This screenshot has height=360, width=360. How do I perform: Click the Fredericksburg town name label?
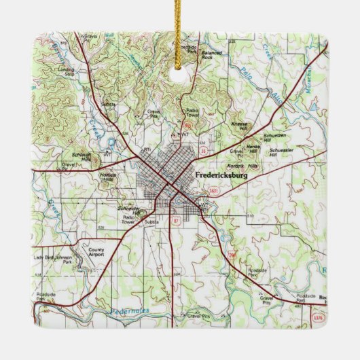pyautogui.click(x=221, y=175)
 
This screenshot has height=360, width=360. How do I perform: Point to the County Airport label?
pyautogui.click(x=96, y=252)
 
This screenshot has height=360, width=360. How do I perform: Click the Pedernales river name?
pyautogui.click(x=130, y=312)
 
